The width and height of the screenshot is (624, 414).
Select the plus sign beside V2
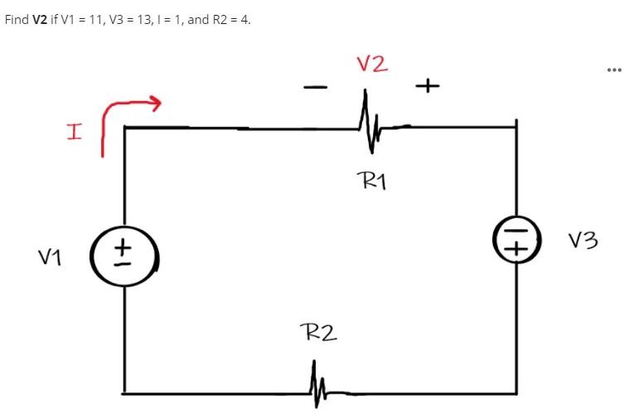428,85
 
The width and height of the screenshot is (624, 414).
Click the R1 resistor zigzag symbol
369,126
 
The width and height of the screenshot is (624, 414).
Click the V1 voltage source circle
125,256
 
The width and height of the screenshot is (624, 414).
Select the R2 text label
318,333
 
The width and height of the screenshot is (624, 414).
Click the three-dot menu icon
612,69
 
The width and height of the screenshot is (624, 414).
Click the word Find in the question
17,19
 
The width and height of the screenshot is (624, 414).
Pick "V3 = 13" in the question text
137,19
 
